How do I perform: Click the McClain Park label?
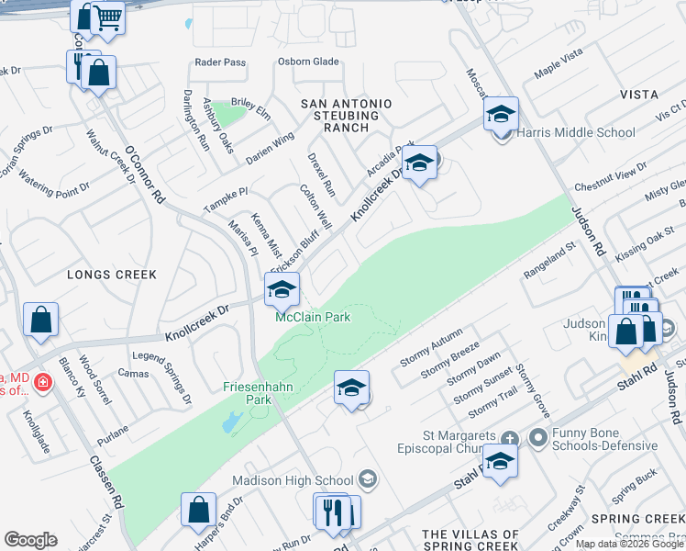[314, 318]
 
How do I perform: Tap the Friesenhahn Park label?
[258, 393]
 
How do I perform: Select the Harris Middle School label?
[576, 132]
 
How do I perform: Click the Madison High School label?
[293, 479]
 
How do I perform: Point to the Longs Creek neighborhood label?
[111, 275]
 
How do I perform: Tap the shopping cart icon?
[108, 17]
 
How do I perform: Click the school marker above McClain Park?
[282, 290]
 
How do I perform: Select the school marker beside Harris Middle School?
[501, 114]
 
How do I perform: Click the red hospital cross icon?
[41, 381]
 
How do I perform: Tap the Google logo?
[30, 540]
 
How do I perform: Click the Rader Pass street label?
[221, 62]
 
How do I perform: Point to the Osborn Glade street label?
[308, 62]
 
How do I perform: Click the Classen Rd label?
[106, 481]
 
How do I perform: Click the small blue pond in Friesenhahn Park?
[229, 422]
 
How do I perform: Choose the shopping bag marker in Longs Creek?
[41, 320]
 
